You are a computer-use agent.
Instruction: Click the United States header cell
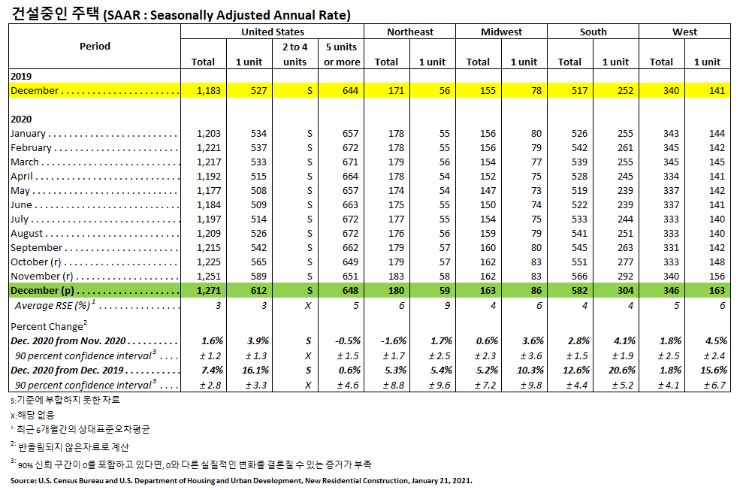(272, 32)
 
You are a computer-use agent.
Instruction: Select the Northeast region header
(409, 32)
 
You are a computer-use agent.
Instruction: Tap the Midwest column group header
(501, 32)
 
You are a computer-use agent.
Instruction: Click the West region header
(684, 32)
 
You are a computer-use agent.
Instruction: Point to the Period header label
(95, 46)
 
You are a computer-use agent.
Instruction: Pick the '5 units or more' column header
(342, 54)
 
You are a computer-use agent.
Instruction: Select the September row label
(36, 247)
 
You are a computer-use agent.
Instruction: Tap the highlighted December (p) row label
(44, 291)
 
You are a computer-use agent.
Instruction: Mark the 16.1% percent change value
(254, 370)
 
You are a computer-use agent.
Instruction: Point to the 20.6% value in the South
(620, 370)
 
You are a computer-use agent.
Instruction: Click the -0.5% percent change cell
(346, 340)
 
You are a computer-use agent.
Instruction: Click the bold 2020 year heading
(20, 119)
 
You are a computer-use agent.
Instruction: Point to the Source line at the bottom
(240, 479)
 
